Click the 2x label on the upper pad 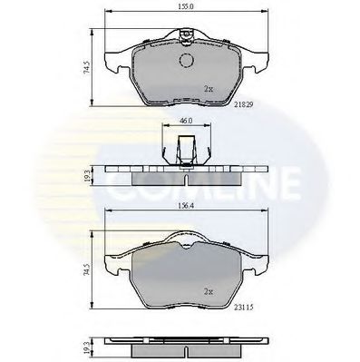tap(209, 90)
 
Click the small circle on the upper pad tap(187, 60)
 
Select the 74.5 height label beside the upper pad tap(87, 68)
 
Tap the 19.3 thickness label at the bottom tap(87, 346)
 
